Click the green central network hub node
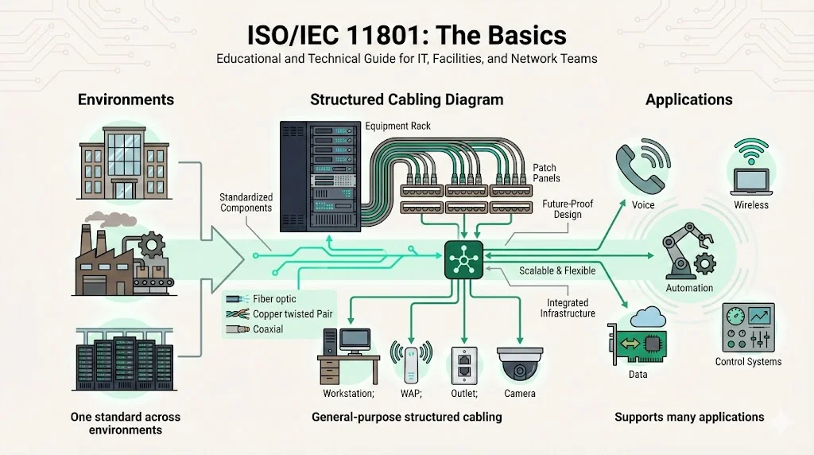tap(463, 258)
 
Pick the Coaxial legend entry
tap(268, 329)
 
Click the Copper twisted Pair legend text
tap(293, 314)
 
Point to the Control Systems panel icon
tap(748, 328)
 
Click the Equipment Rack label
tap(397, 126)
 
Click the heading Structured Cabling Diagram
tap(406, 99)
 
